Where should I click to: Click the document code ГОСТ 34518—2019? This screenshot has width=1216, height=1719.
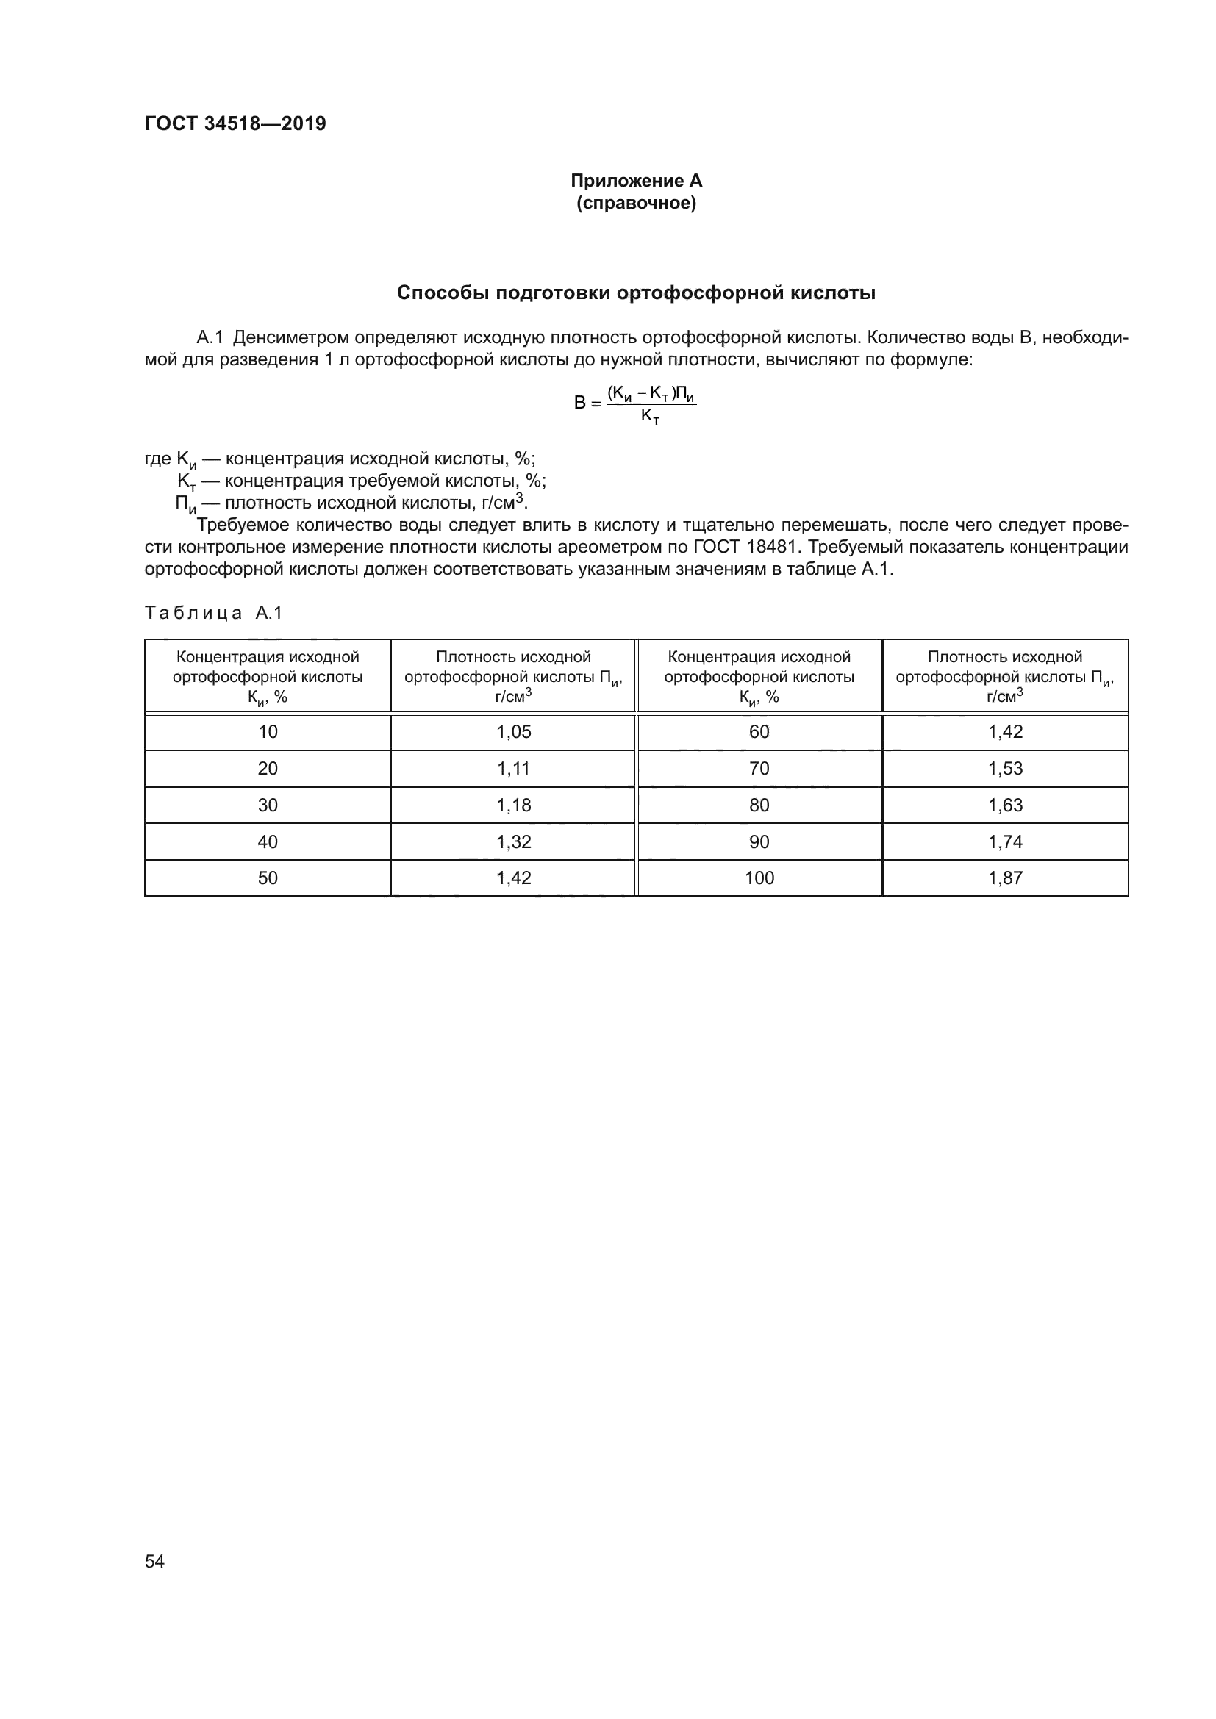235,123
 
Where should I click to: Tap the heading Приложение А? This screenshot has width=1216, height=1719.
636,181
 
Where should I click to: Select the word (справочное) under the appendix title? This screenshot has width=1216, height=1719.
636,203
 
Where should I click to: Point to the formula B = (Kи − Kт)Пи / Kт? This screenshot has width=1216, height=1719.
636,404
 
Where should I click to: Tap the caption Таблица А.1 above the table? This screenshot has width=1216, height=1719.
213,613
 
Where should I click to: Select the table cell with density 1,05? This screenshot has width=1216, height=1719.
514,732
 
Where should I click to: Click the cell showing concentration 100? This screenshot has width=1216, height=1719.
759,878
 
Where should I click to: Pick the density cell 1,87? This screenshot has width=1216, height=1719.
1005,878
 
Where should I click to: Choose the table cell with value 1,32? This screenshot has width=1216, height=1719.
514,841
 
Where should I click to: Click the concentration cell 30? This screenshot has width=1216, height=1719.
268,805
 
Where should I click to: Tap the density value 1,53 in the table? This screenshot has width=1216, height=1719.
1005,769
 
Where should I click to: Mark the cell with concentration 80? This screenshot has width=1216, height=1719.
759,805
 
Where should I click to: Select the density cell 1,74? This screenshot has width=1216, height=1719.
1005,841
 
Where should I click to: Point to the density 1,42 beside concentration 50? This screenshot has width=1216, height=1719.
514,878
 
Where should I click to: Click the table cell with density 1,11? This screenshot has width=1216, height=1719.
514,769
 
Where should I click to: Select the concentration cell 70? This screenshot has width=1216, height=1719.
759,769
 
